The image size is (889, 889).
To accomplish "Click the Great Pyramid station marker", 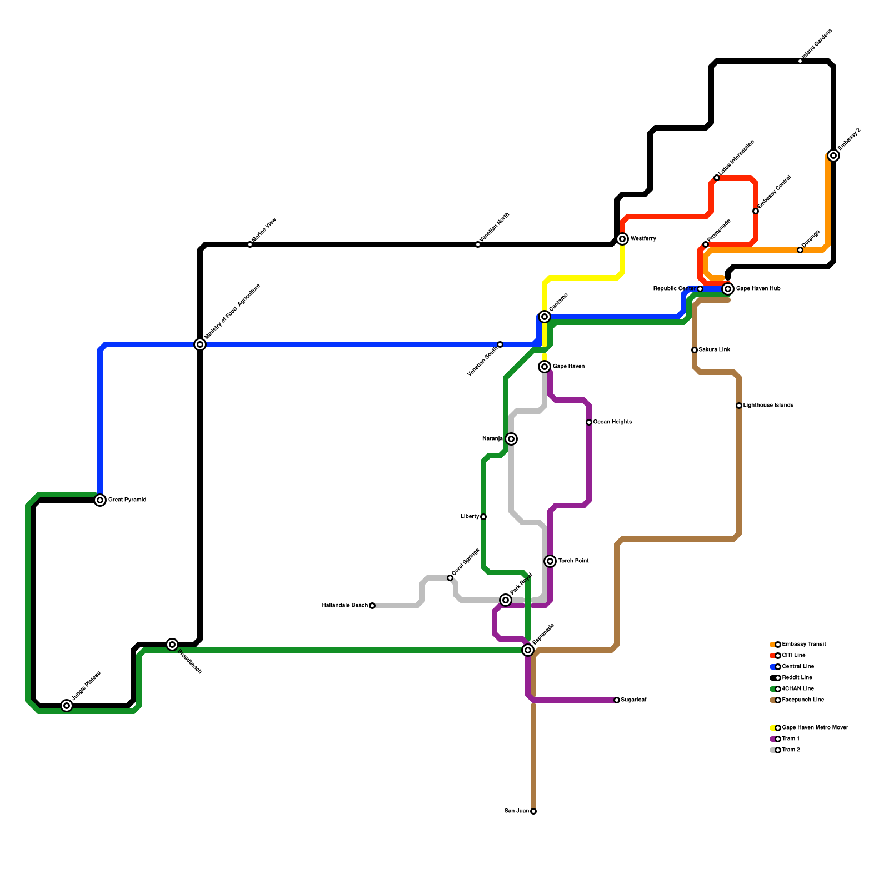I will coord(100,500).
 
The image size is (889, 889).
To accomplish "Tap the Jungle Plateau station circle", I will coord(67,706).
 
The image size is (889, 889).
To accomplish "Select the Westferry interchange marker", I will coord(622,239).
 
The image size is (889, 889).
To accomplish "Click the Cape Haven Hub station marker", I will coord(728,289).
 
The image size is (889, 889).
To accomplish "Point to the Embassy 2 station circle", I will coord(833,156).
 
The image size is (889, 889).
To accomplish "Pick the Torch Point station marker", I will coord(550,561).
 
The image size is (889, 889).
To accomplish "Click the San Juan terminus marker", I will coord(533,811).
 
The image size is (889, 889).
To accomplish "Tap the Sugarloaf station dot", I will coord(617,700).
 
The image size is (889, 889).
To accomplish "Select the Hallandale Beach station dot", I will coord(372,606).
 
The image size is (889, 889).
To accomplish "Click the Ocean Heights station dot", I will coord(589,422).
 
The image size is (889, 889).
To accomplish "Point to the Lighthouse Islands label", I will coord(768,406).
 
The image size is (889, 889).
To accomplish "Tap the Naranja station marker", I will coord(511,439).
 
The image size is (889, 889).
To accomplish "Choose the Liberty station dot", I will coord(483,517).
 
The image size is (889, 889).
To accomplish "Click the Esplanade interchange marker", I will coord(528,650).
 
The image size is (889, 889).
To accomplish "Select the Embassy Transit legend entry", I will coord(803,645).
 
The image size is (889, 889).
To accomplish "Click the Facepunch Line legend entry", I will coord(802,700).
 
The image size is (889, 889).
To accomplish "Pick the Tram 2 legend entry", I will coord(791,750).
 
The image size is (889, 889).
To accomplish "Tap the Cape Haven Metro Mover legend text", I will coord(815,728).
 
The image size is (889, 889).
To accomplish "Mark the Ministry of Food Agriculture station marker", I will coord(200,344).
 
